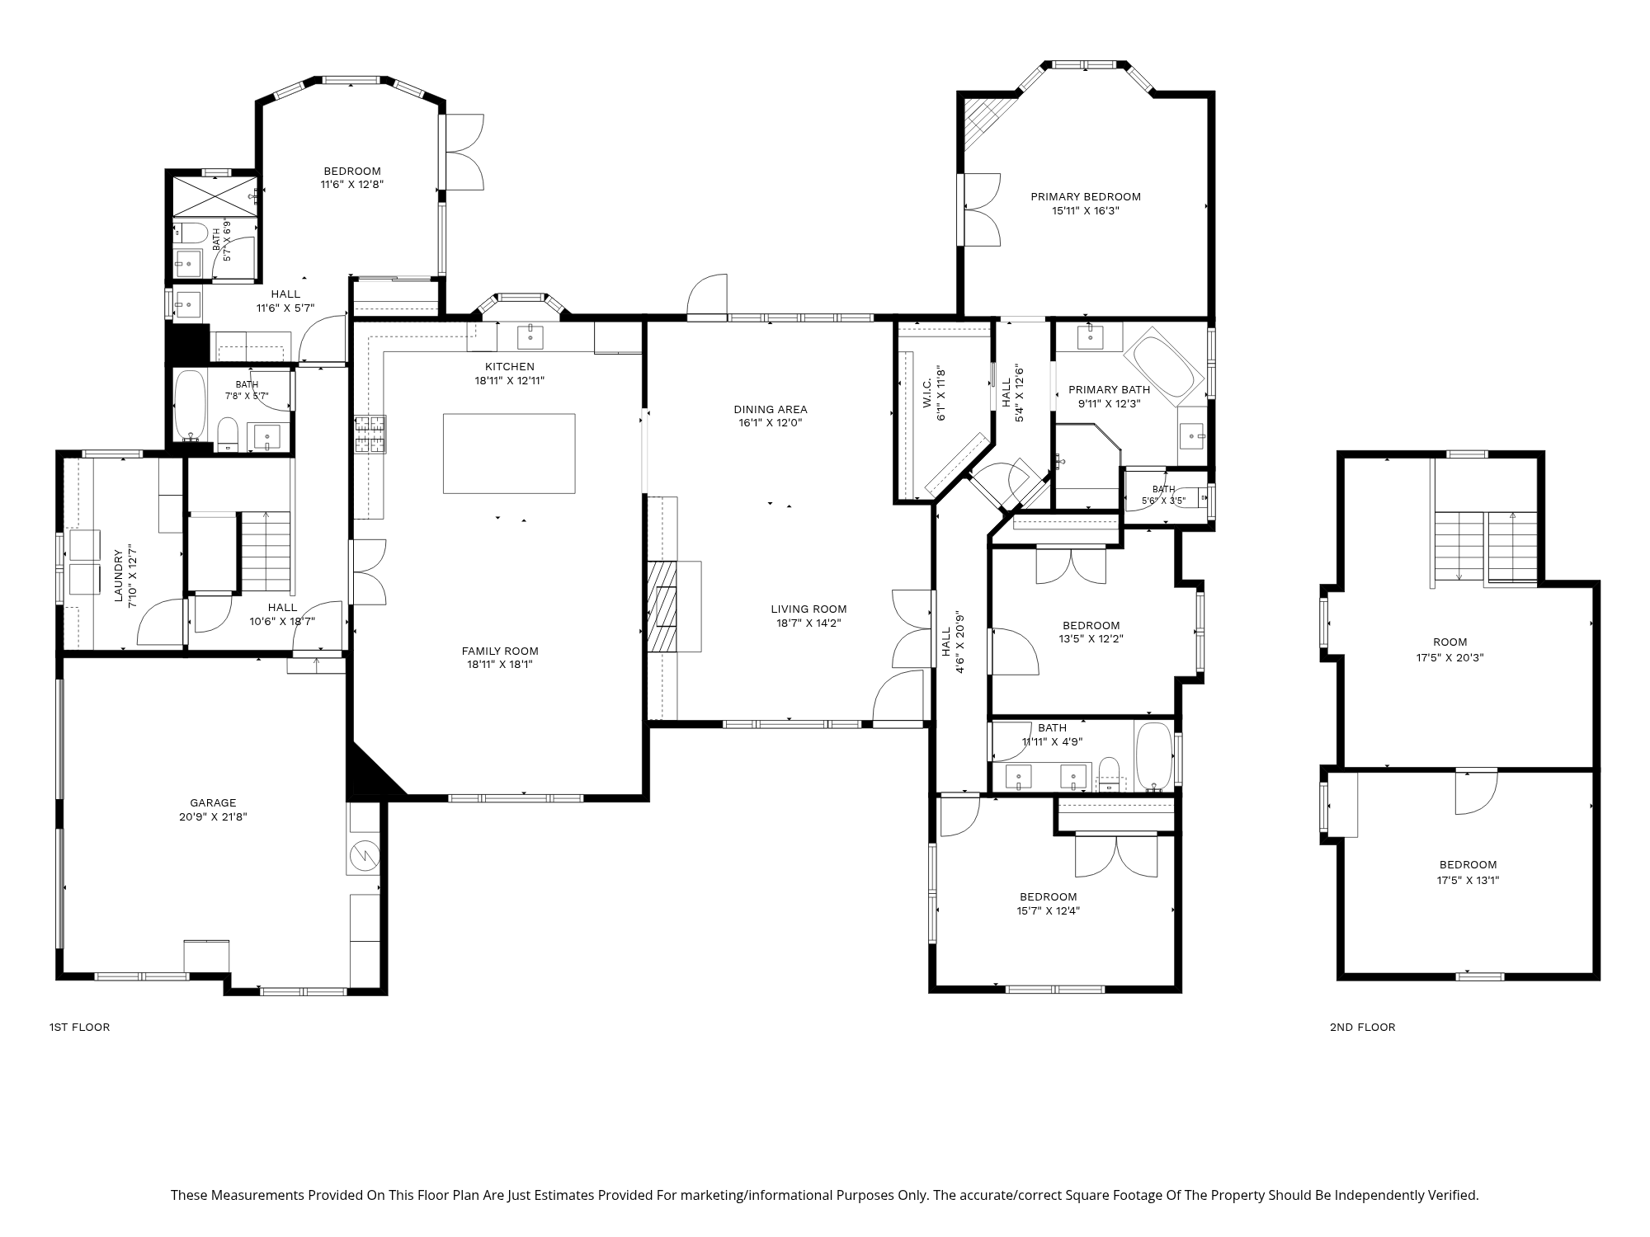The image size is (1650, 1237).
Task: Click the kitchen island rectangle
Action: coord(509,454)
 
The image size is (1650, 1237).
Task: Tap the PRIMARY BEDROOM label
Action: coord(1086,196)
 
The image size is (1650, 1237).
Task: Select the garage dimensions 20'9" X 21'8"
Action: coord(213,817)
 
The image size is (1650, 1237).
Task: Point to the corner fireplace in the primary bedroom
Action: coord(983,119)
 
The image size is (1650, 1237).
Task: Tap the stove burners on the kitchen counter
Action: coord(370,435)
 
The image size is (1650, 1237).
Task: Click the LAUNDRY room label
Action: coord(118,576)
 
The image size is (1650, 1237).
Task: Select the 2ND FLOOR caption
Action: coord(1363,1027)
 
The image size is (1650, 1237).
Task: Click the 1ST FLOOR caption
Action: coord(79,1027)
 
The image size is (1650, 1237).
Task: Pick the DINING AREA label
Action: coord(771,409)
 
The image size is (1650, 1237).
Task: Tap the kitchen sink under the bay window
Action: coord(530,336)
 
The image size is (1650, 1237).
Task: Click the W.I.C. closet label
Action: coord(926,393)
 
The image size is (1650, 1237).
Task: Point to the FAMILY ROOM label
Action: coord(500,651)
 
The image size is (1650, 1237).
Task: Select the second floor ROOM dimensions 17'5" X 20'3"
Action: coord(1450,657)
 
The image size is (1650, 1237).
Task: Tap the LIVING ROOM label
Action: coord(808,609)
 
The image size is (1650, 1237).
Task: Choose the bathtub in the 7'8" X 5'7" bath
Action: coord(191,406)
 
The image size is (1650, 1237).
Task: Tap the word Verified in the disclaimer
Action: coord(1455,1195)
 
